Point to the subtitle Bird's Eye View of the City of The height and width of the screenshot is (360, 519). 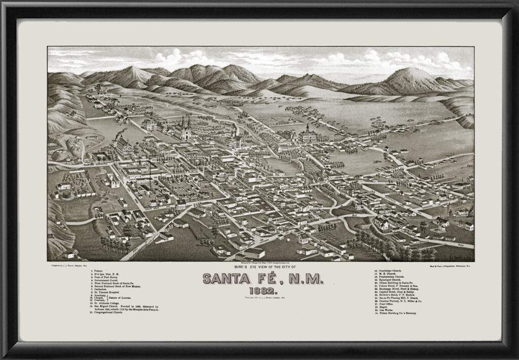tap(259, 267)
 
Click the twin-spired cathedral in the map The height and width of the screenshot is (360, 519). tap(183, 129)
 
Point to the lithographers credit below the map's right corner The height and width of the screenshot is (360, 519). tap(448, 265)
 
